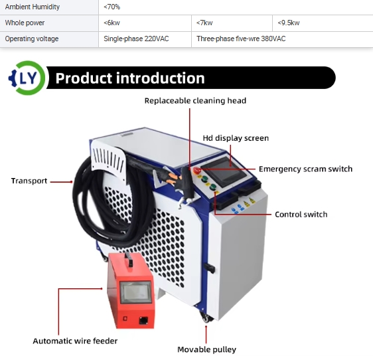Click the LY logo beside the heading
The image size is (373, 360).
(27, 78)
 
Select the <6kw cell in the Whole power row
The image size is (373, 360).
(145, 23)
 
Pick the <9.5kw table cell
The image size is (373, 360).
(323, 23)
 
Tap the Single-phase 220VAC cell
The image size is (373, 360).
(145, 39)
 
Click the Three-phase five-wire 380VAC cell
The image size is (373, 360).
(282, 39)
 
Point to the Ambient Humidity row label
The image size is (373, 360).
(33, 7)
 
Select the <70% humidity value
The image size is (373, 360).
(112, 7)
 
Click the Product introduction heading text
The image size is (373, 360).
(130, 78)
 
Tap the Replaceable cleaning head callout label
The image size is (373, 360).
(195, 101)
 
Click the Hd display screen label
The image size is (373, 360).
(236, 138)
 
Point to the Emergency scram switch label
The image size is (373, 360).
(305, 169)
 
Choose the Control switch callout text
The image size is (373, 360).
(301, 215)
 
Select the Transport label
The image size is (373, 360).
(29, 181)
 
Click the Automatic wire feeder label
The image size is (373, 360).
(75, 341)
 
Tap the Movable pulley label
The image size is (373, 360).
(206, 349)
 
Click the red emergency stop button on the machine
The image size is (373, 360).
(197, 170)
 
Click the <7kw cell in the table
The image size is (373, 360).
(232, 23)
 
